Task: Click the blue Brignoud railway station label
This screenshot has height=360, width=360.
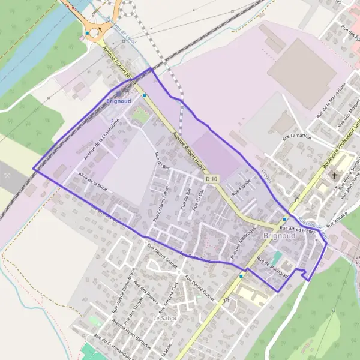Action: (x=118, y=101)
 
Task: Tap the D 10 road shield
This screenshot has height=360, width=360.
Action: (x=212, y=179)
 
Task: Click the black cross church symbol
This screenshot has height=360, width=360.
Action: (x=335, y=176)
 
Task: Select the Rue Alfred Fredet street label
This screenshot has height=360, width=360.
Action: (x=298, y=229)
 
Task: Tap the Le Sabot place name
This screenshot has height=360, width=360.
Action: (x=164, y=317)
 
